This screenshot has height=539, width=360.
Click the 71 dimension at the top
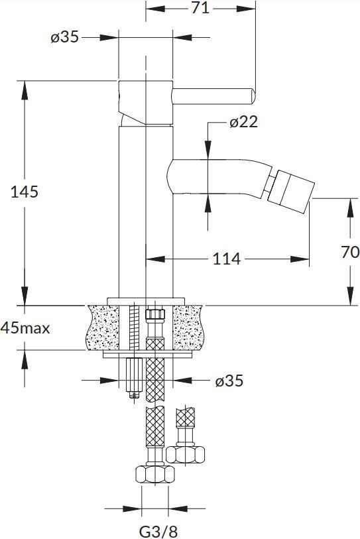(200, 8)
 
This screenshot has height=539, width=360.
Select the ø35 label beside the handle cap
(64, 37)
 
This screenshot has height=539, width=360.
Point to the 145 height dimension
(25, 192)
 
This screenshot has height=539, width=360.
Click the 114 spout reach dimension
(226, 259)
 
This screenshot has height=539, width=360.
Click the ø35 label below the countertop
(229, 381)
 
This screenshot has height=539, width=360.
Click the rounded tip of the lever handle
(251, 95)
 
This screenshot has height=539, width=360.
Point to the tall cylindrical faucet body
(145, 212)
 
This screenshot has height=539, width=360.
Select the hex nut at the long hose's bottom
(154, 475)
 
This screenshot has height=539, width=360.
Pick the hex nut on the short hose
(185, 453)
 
